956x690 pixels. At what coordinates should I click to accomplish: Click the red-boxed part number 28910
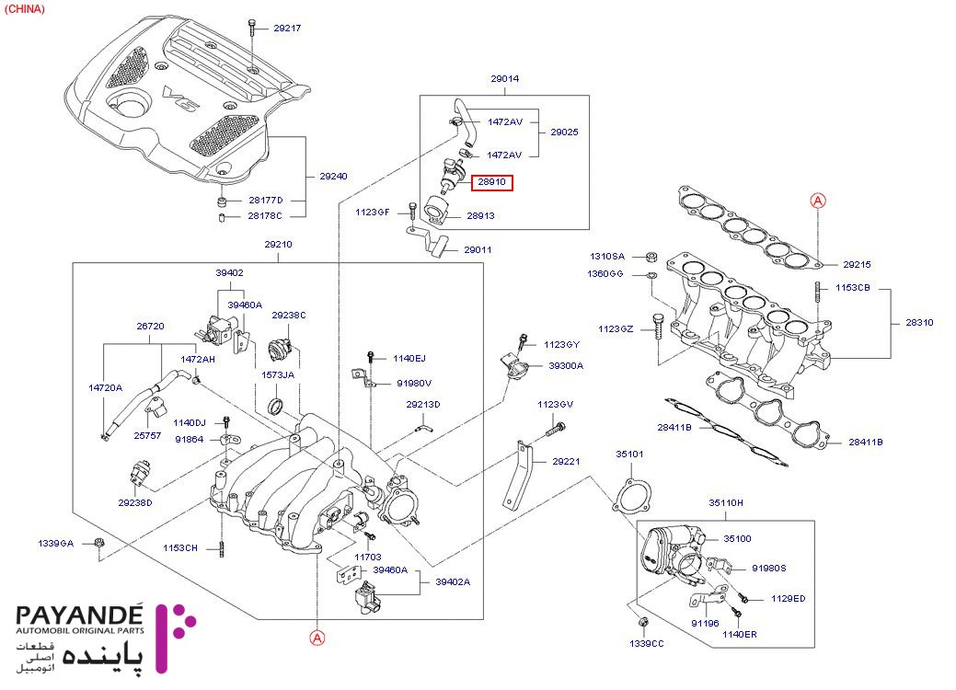tap(492, 183)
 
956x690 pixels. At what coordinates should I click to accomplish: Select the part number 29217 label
tap(287, 29)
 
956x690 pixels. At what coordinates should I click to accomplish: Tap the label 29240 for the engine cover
tap(333, 176)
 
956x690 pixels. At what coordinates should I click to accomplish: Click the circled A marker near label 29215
tap(817, 200)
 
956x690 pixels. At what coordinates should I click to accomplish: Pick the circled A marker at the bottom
tap(316, 636)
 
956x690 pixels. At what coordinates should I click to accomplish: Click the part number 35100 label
tap(737, 538)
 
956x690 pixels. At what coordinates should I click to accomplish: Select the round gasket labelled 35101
tap(631, 498)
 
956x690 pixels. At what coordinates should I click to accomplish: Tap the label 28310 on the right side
tap(918, 323)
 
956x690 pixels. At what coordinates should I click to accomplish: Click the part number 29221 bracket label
tap(566, 462)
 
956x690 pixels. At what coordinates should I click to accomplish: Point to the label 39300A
tap(566, 365)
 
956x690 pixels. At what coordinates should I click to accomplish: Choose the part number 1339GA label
tap(56, 543)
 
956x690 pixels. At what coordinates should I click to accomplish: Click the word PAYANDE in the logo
tap(80, 615)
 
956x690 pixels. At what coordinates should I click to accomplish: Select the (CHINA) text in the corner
tap(25, 8)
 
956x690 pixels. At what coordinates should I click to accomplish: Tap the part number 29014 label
tap(505, 79)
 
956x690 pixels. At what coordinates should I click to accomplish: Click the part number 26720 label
tap(150, 327)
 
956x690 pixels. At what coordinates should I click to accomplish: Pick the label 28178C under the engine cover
tap(264, 216)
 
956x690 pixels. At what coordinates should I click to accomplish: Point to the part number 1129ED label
tap(788, 599)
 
